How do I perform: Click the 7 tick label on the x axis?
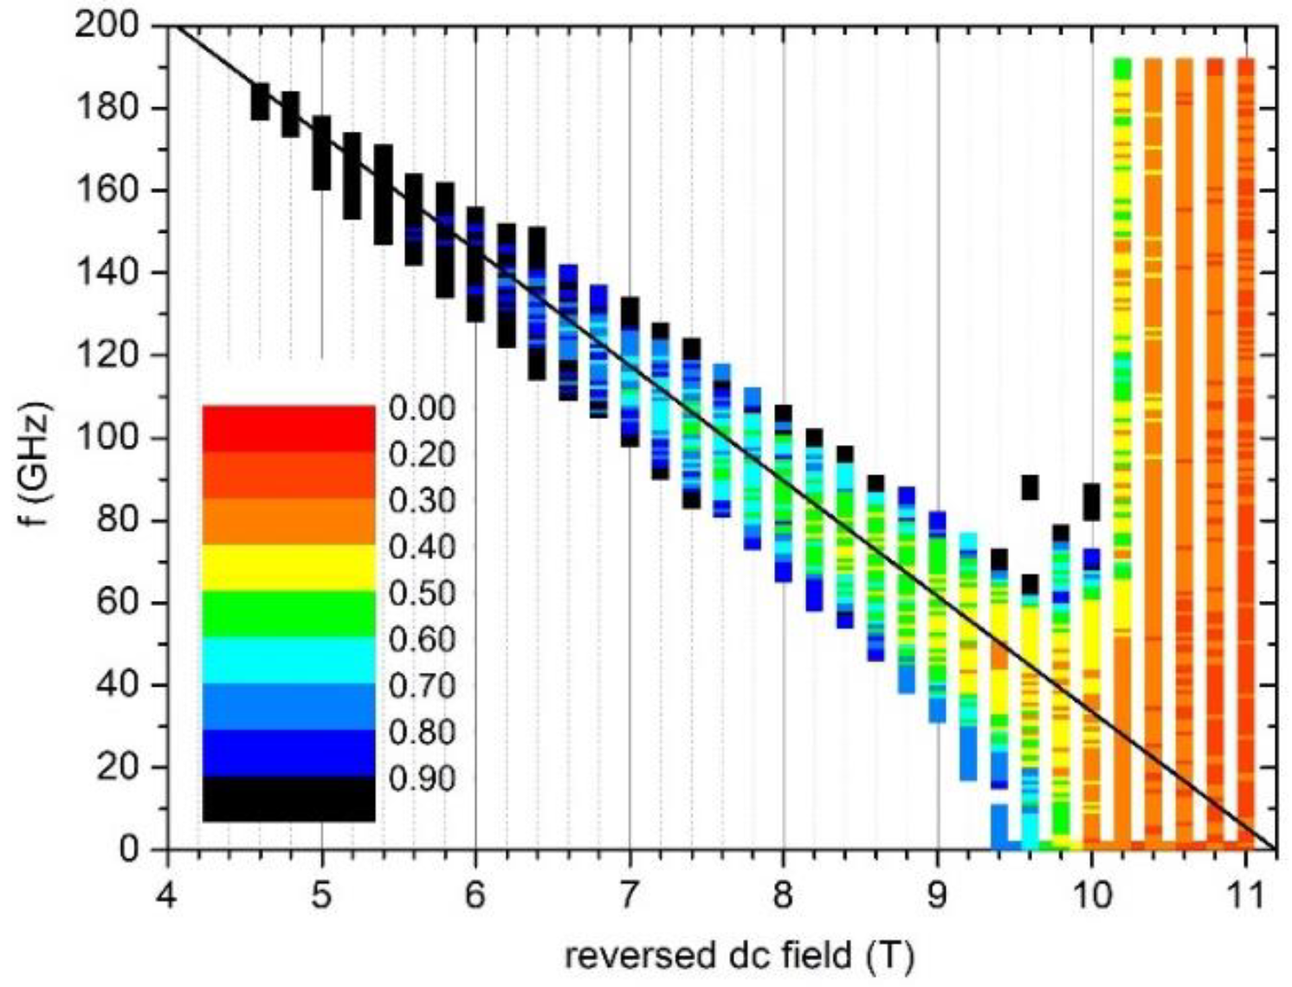click(630, 893)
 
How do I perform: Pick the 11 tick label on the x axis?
click(1246, 893)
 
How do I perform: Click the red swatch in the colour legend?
click(288, 428)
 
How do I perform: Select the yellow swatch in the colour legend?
click(288, 567)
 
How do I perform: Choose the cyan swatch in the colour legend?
click(288, 660)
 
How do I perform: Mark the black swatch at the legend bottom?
click(288, 798)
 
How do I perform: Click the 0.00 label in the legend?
click(422, 409)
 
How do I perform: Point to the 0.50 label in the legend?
click(422, 594)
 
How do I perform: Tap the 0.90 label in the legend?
click(422, 779)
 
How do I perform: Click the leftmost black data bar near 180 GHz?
click(260, 101)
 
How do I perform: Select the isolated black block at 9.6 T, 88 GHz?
click(1030, 487)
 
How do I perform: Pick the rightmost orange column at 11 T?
click(1245, 433)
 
